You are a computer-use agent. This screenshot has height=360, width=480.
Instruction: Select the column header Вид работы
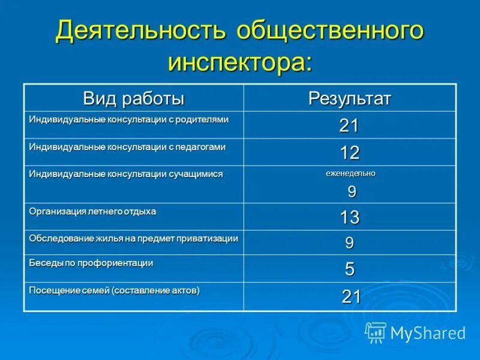click(133, 98)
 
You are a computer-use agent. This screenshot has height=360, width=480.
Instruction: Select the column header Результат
click(349, 98)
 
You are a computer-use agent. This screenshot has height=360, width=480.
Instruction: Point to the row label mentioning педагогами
click(127, 146)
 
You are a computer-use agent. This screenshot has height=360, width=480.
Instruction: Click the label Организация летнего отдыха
click(92, 211)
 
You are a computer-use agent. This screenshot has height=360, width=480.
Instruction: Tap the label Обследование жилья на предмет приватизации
click(133, 238)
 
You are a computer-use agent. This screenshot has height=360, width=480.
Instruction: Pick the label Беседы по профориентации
click(91, 263)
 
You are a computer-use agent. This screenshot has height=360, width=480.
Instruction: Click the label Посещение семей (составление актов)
click(114, 290)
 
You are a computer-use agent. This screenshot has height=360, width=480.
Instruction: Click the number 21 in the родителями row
click(349, 125)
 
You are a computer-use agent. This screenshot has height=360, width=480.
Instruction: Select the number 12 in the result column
click(349, 153)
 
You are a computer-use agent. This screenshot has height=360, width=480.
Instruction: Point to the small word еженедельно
click(350, 173)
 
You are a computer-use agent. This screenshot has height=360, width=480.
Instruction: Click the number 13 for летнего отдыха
click(349, 217)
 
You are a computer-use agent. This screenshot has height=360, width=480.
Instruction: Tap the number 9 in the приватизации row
click(349, 243)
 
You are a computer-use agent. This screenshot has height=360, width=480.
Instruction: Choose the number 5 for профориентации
click(349, 269)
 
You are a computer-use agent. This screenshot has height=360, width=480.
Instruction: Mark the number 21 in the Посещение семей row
click(350, 296)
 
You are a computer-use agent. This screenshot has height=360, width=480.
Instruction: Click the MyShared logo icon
click(376, 332)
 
